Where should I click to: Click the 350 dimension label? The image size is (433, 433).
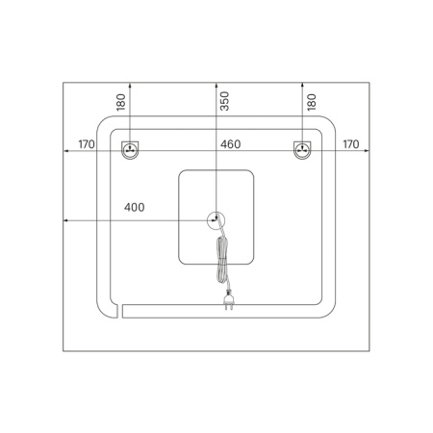[x=225, y=101]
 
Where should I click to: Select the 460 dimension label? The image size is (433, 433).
[x=230, y=144]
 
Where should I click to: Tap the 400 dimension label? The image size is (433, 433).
[x=135, y=207]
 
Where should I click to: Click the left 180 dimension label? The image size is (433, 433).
[x=121, y=102]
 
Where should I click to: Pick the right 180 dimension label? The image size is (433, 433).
[x=312, y=102]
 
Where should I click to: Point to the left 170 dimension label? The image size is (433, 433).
[x=87, y=144]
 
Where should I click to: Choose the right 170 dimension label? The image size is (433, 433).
[x=351, y=144]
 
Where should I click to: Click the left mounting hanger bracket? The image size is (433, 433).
[x=130, y=150]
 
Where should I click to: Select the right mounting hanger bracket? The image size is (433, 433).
[x=302, y=150]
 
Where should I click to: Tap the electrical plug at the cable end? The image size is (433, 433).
[x=229, y=301]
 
